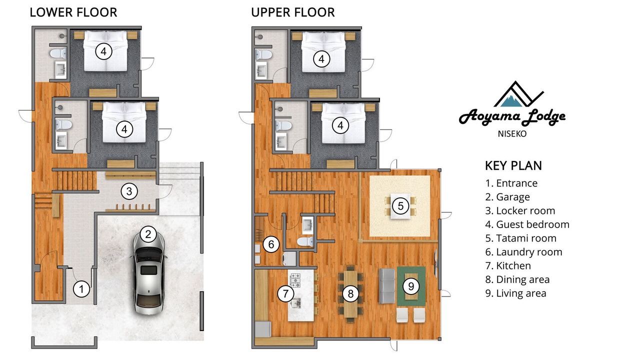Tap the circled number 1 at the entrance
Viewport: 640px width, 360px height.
point(81,289)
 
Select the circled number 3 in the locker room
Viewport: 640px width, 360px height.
point(129,191)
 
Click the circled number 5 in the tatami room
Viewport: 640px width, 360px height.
point(400,205)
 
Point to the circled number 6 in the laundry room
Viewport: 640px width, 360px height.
point(271,244)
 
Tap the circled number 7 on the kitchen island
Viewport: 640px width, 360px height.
point(285,293)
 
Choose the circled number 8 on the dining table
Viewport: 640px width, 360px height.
point(350,293)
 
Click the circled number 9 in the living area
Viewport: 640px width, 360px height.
point(411,286)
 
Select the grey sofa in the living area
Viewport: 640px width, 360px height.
point(387,285)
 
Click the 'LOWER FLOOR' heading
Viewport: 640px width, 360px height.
point(73,12)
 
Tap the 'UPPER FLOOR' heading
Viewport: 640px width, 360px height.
point(293,12)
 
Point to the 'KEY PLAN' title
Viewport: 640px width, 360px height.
point(513,165)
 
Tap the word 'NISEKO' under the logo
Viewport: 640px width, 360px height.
point(512,133)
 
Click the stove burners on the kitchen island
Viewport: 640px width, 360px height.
point(295,280)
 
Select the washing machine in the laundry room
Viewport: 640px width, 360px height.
point(289,258)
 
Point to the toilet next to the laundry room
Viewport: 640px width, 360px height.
point(305,241)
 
